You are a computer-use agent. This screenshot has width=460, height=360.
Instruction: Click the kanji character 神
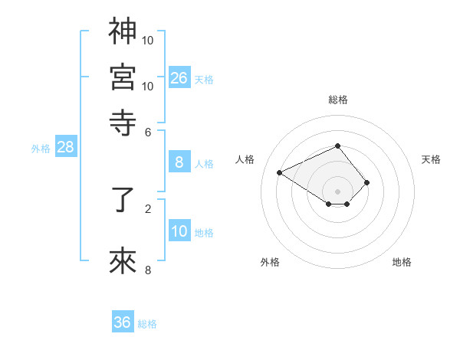(123, 31)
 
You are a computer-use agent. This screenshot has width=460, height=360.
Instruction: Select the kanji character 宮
(123, 77)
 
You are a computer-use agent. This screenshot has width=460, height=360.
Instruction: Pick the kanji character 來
(123, 261)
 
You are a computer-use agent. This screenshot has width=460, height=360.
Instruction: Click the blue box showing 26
(179, 77)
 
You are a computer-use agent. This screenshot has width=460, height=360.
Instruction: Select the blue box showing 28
(65, 147)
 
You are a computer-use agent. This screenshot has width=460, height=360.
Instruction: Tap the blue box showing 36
(123, 322)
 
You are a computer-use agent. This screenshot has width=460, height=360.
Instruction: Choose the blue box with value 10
(179, 231)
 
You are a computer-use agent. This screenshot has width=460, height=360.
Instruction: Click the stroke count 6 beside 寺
(148, 131)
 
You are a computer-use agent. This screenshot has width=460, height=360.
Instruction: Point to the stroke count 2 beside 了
(148, 208)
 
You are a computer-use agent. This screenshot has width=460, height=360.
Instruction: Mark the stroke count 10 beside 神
(148, 39)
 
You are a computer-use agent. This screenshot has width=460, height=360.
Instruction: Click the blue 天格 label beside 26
(204, 80)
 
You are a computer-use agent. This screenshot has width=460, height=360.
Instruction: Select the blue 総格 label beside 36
(147, 324)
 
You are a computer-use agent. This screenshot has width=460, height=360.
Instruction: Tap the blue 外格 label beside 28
(41, 149)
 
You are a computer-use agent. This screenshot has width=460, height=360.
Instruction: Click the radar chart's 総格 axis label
(338, 100)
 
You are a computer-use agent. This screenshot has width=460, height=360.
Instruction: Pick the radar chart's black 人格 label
(245, 159)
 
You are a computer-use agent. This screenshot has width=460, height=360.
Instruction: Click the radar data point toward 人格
(280, 173)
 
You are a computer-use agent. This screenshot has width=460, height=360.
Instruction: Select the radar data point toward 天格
(367, 182)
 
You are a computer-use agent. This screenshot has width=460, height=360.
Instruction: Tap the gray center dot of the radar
(338, 191)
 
